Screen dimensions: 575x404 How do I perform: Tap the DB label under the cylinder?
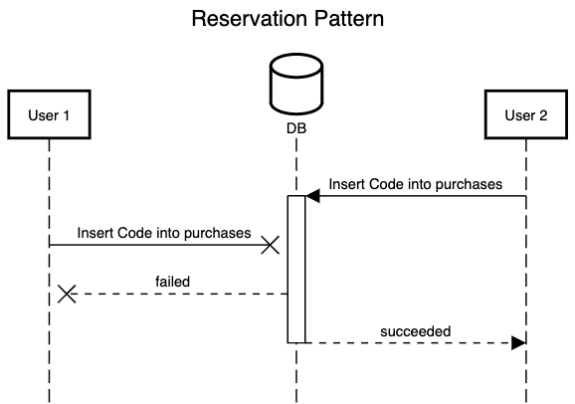coord(296,128)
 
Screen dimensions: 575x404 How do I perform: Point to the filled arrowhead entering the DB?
coord(312,196)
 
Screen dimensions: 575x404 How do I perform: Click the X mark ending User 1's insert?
coord(271,245)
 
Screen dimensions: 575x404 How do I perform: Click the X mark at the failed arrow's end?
coord(67,294)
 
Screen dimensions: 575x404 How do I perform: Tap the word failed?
coord(173,282)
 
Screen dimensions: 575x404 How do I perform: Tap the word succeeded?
coord(416,331)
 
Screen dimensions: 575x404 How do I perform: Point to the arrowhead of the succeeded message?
coord(519,343)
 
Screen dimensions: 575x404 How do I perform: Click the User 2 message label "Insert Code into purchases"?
coord(416,184)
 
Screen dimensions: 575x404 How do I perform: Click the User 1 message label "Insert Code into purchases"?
coord(164,233)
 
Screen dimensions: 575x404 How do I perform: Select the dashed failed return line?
coord(177,294)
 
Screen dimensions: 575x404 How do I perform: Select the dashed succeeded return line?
coord(416,343)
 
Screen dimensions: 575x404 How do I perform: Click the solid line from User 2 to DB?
coord(416,196)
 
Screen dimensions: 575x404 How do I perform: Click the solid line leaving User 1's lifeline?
coord(159,245)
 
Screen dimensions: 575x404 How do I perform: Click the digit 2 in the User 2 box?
coord(543,115)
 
